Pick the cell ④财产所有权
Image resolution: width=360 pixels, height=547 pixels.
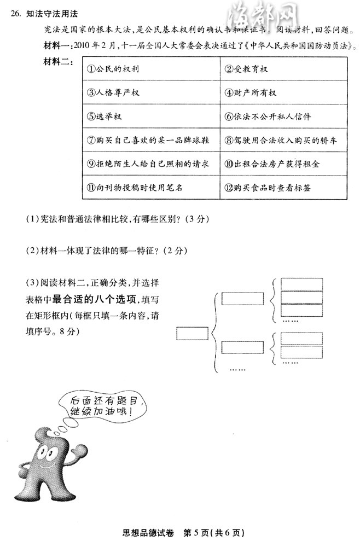[284, 92]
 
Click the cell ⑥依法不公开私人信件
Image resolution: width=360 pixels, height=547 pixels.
[284, 117]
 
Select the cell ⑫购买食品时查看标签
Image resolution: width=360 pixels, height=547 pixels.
[284, 187]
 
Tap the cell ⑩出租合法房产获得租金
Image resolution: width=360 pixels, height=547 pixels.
[284, 164]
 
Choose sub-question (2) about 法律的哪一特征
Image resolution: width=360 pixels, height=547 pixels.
[107, 251]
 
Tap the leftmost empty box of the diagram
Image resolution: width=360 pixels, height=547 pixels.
[192, 331]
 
